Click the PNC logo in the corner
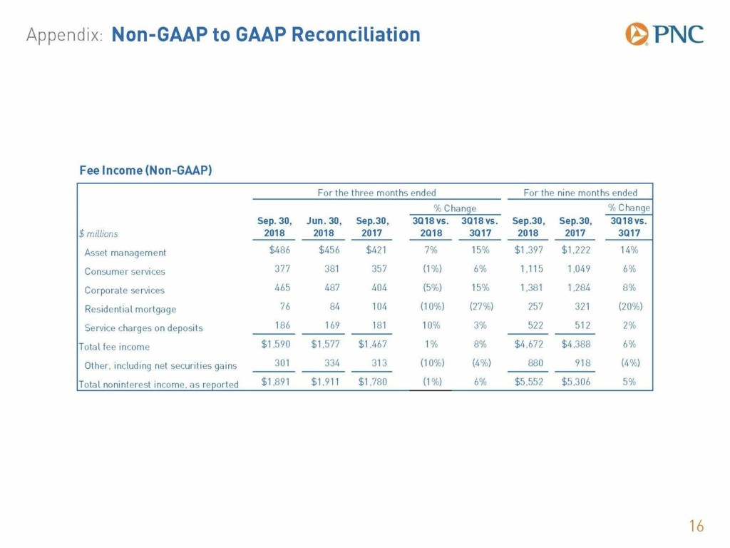tap(664, 34)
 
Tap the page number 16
tap(696, 526)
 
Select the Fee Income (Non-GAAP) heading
tap(145, 170)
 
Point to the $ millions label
tap(98, 233)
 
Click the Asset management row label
tap(125, 253)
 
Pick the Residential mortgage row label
tap(130, 309)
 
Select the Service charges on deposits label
tap(143, 328)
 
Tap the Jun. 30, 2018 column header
tap(324, 226)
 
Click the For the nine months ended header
tap(580, 193)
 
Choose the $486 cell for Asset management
tap(279, 250)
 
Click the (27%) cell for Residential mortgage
tap(481, 306)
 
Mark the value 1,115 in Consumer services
tap(532, 268)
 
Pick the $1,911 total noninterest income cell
tap(325, 382)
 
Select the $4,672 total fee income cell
tap(528, 344)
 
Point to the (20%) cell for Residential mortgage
tap(630, 306)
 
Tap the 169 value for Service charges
tap(332, 325)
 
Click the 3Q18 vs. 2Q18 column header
tap(431, 226)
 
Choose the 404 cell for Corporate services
tap(379, 288)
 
